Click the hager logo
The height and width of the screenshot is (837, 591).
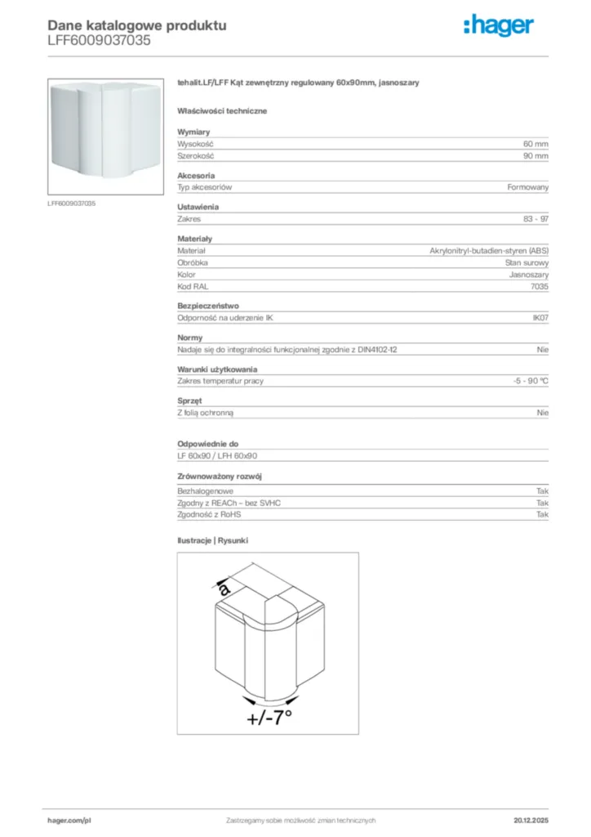click(x=499, y=26)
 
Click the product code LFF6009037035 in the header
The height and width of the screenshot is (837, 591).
click(x=99, y=40)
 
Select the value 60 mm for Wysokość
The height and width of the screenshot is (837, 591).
click(x=535, y=143)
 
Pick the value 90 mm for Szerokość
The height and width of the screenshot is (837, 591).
click(x=535, y=155)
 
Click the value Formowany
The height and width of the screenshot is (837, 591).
click(x=527, y=187)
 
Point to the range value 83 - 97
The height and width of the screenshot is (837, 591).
click(x=535, y=219)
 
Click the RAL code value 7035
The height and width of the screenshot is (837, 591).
click(x=539, y=287)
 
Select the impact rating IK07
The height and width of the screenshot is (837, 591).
click(x=540, y=318)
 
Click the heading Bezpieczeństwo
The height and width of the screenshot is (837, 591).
click(x=208, y=306)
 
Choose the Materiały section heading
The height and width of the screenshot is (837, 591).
click(x=195, y=239)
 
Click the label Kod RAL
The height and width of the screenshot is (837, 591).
click(x=193, y=287)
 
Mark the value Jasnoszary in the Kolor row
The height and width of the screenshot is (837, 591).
click(x=529, y=275)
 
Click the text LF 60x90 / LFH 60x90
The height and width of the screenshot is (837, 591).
click(x=217, y=455)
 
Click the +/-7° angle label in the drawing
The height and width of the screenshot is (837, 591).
click(x=269, y=718)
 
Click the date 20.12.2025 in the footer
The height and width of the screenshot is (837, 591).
click(x=531, y=820)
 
